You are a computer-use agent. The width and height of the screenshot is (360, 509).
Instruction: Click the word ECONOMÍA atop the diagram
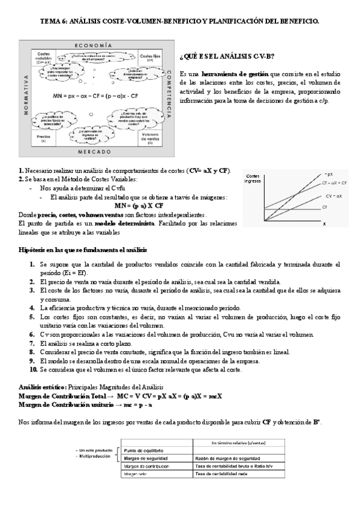click(x=93, y=46)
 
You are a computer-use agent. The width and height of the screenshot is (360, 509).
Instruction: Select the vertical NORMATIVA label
click(x=26, y=96)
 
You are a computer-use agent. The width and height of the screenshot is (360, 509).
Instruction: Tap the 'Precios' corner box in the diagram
click(x=43, y=137)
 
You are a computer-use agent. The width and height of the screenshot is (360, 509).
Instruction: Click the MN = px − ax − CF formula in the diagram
click(x=96, y=95)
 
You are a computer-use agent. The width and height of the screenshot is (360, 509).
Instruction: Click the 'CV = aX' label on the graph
click(x=334, y=196)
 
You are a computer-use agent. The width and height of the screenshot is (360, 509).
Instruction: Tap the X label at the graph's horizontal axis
click(x=324, y=224)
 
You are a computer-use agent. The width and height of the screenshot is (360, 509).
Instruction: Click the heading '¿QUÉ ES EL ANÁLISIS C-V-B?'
click(x=227, y=56)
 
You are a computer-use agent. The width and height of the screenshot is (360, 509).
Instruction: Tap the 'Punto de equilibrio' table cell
click(x=144, y=450)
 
